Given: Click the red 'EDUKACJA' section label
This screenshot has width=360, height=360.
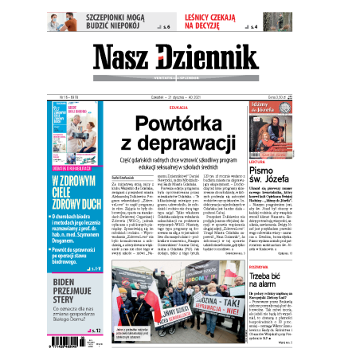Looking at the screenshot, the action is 178,107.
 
